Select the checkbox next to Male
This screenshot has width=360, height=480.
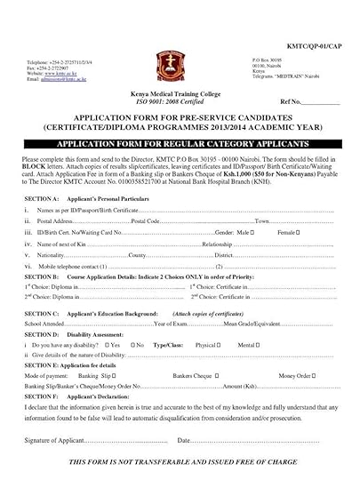click(254, 233)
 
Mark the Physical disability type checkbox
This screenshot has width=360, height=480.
click(224, 342)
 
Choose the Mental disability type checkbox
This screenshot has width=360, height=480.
click(260, 342)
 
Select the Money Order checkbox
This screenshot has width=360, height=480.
click(333, 376)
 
